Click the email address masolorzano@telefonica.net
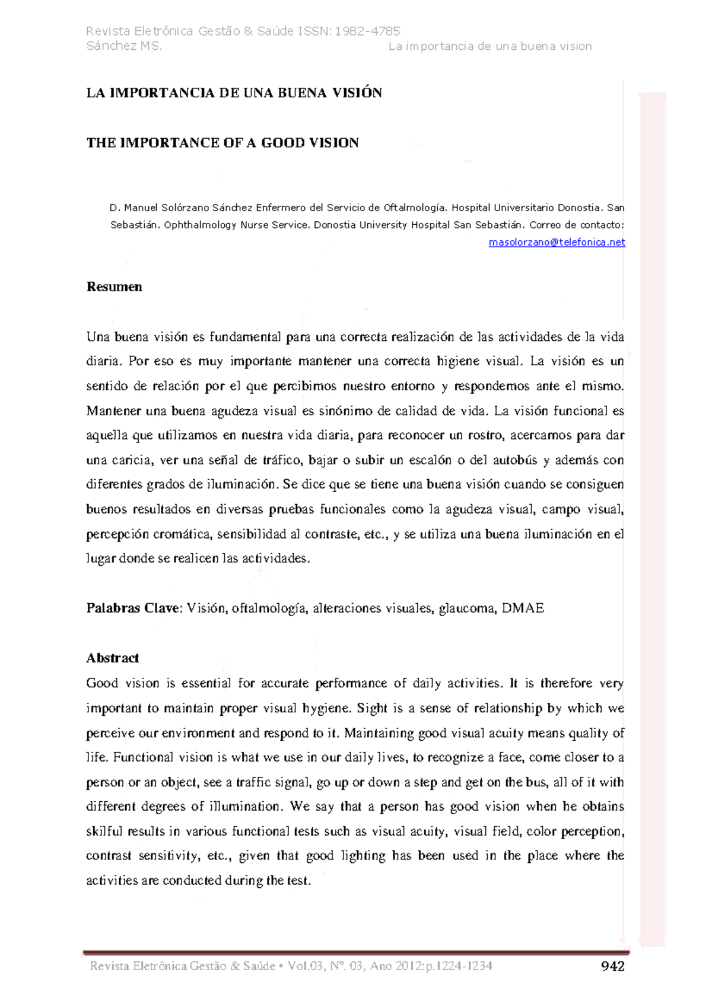[x=557, y=242]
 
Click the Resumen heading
[x=115, y=287]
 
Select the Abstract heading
[x=113, y=658]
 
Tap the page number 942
[x=613, y=967]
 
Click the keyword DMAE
[x=523, y=608]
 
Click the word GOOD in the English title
[x=283, y=143]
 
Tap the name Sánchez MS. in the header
[x=124, y=46]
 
